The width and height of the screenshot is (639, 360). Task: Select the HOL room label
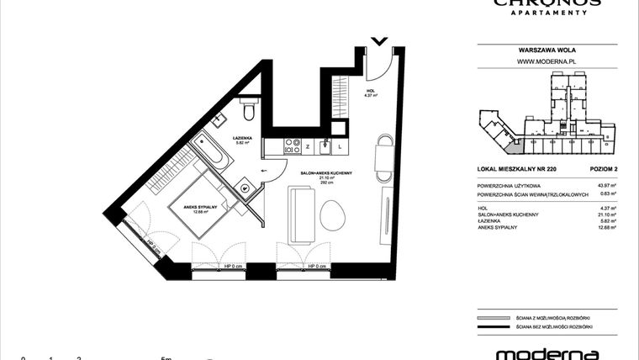coord(370,91)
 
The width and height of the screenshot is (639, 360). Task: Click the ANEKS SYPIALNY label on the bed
coord(201,207)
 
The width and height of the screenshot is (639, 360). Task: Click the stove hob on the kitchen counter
coord(292,146)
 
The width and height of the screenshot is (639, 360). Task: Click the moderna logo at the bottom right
coord(547,353)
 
